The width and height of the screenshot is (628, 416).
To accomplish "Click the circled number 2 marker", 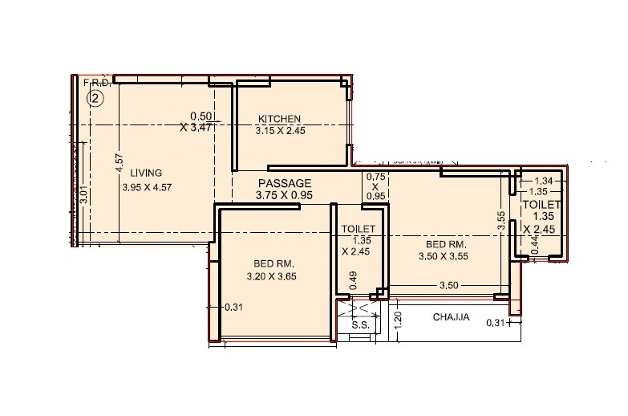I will click(x=95, y=99).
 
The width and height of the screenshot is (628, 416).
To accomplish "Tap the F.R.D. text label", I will click(x=95, y=82).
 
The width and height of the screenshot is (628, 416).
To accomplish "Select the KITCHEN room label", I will click(x=279, y=119).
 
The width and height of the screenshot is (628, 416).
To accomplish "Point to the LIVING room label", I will click(x=147, y=173).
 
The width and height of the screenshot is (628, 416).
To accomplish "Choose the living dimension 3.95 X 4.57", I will click(x=147, y=187).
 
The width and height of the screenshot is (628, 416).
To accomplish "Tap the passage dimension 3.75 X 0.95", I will click(x=283, y=194).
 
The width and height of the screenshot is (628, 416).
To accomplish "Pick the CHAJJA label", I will click(x=451, y=318).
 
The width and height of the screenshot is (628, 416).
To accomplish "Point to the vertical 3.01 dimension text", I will click(x=83, y=196).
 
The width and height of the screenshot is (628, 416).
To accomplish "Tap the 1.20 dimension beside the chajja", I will click(x=397, y=321).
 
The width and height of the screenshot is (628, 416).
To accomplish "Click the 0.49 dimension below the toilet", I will click(x=353, y=281).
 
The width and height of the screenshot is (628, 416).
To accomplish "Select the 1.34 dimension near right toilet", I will click(x=545, y=181).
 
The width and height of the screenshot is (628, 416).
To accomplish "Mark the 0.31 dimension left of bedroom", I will click(x=233, y=307).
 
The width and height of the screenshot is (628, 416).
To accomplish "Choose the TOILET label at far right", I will click(x=541, y=206).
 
